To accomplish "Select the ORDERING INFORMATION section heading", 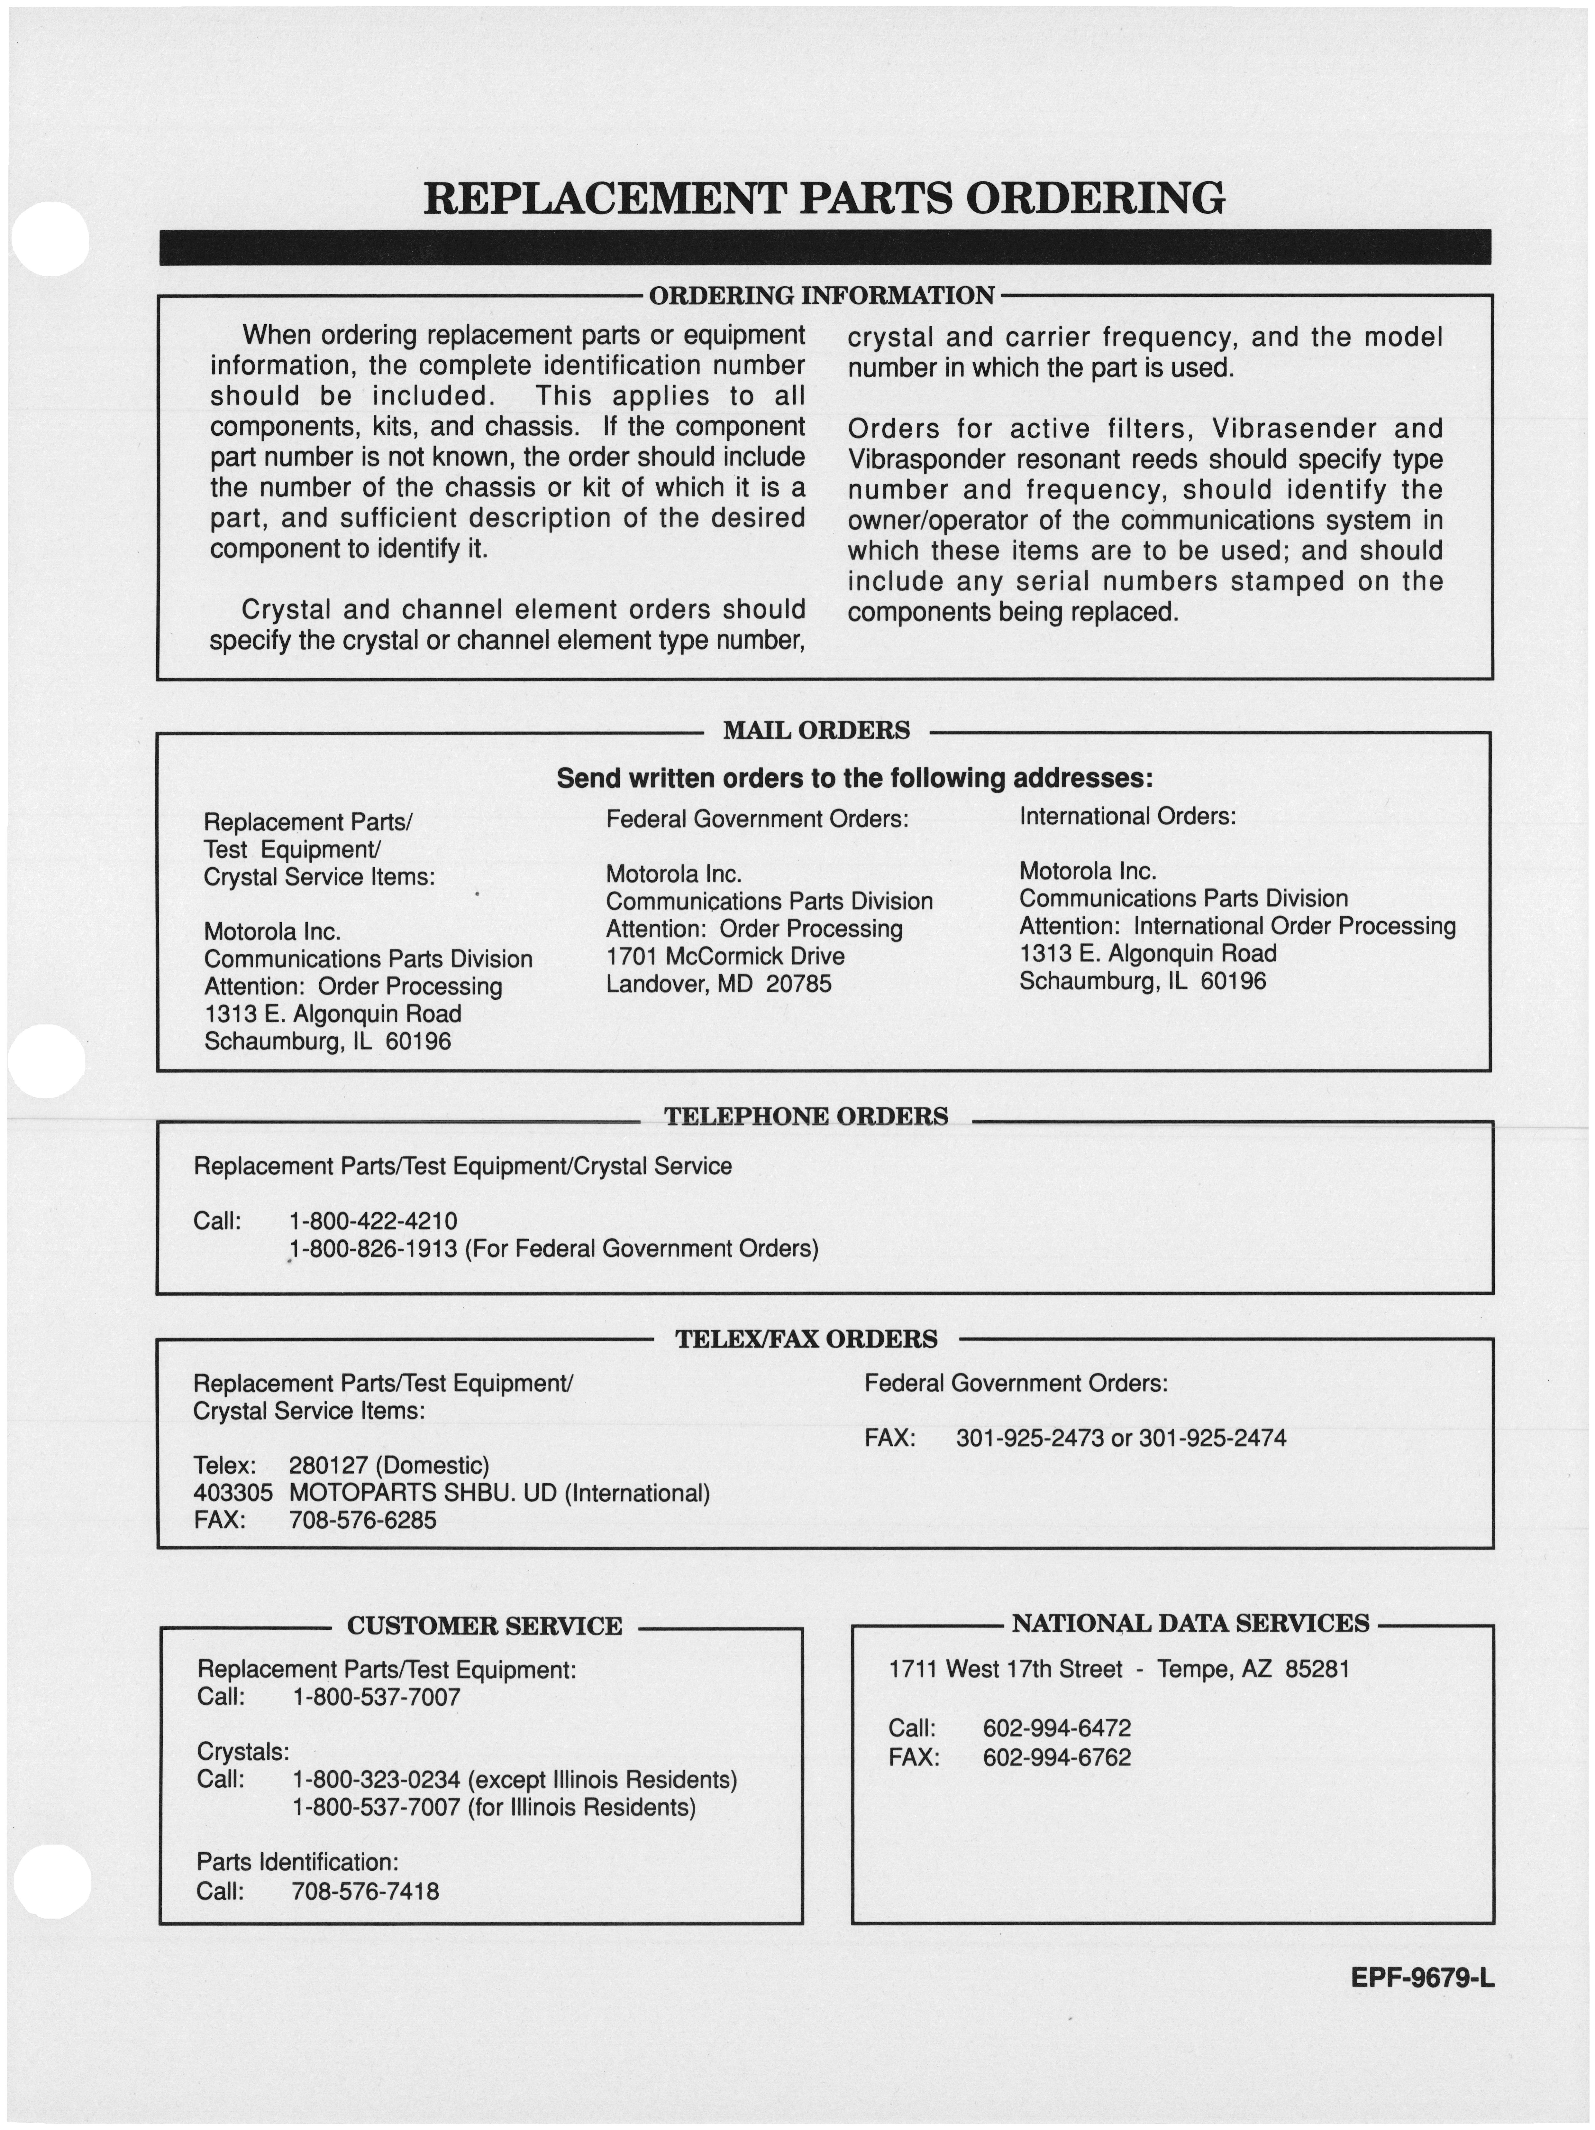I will (x=821, y=296).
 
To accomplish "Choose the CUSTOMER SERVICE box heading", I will (x=484, y=1626).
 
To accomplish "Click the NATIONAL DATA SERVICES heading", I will (x=1190, y=1624).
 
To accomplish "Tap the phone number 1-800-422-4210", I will (x=372, y=1221).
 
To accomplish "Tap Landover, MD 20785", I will (x=718, y=984).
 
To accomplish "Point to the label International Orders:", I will (x=1127, y=817).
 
